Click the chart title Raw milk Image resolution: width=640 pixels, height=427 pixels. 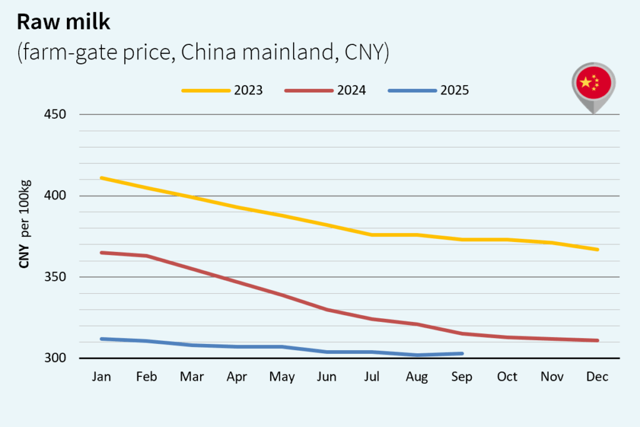63,23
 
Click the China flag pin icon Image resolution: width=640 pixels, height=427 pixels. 593,84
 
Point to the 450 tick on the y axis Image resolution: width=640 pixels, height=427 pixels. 56,115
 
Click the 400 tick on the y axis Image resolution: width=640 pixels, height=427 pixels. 56,196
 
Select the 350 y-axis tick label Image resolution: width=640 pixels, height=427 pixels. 56,277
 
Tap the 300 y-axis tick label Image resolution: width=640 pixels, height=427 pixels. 56,358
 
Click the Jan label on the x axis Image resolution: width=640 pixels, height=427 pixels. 101,377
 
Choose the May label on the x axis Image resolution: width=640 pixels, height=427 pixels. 281,377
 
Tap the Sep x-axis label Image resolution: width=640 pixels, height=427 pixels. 462,377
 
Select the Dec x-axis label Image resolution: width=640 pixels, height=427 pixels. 597,377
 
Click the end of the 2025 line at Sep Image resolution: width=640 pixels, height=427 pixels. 462,353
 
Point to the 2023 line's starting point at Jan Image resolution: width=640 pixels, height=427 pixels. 101,178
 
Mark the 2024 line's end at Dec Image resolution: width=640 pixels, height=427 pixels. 597,340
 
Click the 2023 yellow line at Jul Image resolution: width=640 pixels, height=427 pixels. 372,234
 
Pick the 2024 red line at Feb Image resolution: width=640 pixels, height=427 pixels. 146,256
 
